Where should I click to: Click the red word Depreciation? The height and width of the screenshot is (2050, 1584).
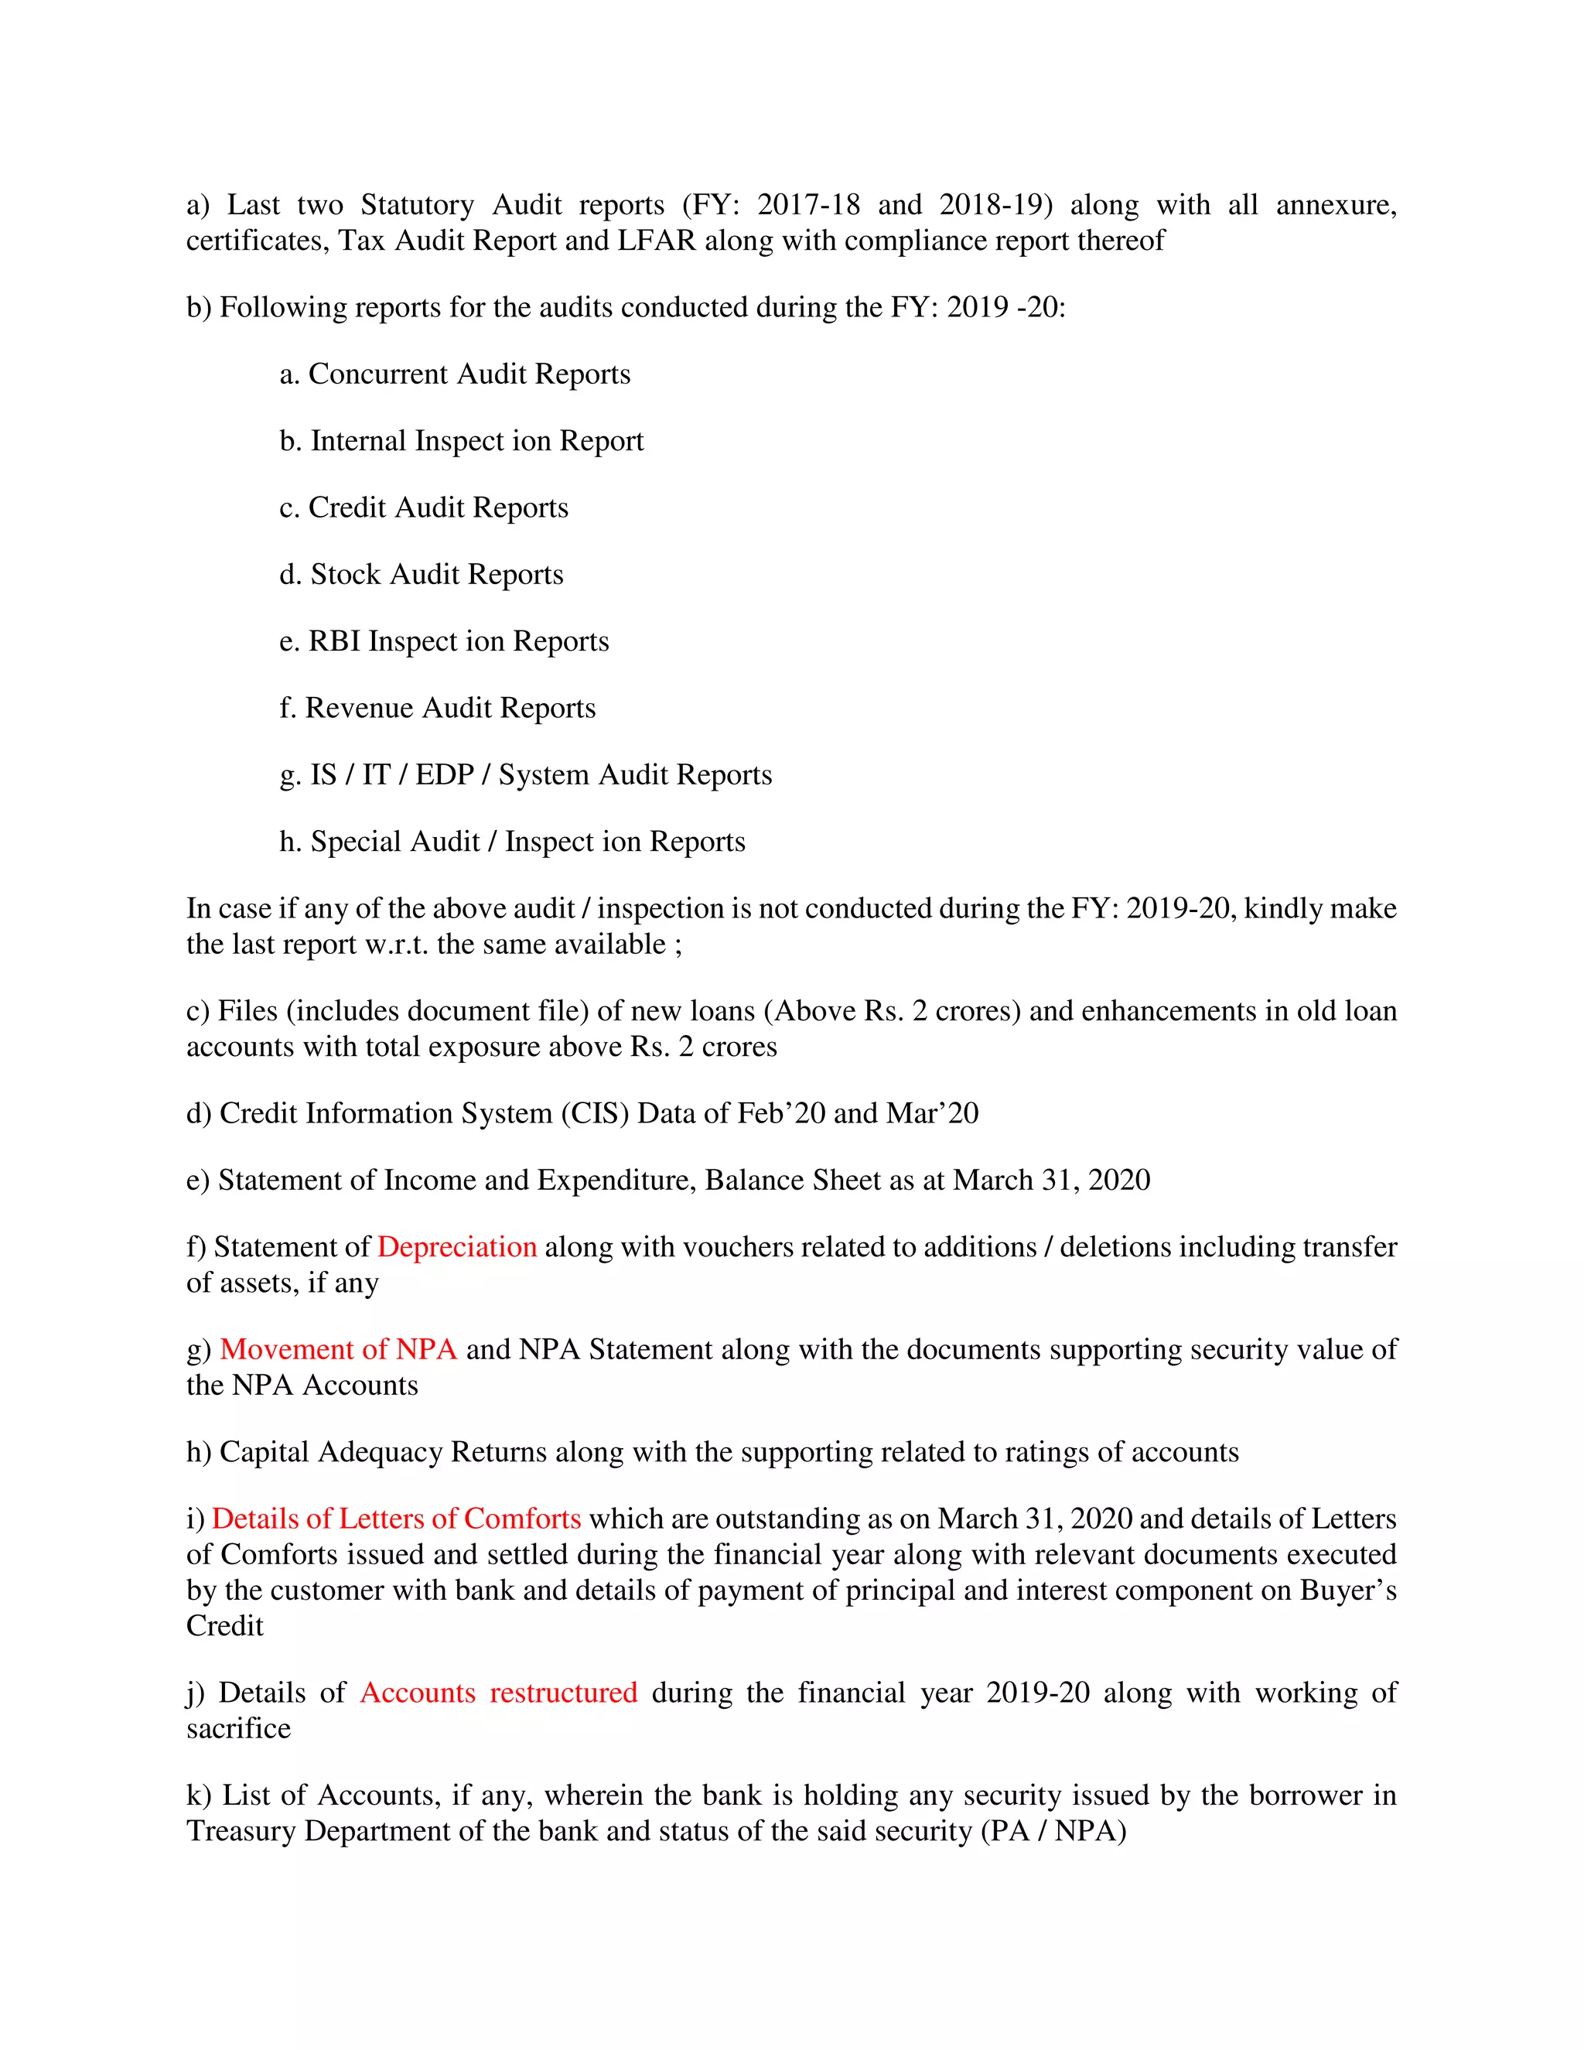(x=457, y=1248)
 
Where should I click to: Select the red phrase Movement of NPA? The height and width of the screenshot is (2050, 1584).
(x=338, y=1350)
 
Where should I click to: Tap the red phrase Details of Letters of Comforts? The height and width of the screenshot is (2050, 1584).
(x=396, y=1519)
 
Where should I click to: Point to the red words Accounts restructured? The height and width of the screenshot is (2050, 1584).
(x=498, y=1693)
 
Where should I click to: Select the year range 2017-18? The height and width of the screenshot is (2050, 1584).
(x=808, y=205)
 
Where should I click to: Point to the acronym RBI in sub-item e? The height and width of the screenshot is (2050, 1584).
(x=334, y=641)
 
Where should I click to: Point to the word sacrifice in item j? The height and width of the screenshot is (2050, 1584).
(x=238, y=1729)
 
